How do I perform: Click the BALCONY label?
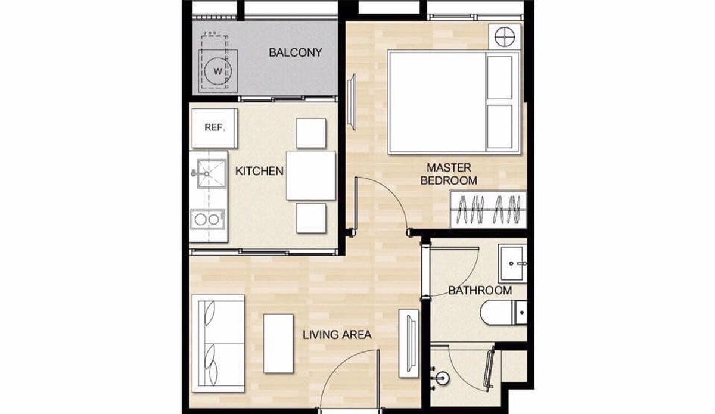(x=296, y=52)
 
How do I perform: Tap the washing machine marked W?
(x=218, y=71)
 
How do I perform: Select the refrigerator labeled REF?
(x=214, y=128)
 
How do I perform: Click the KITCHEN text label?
(x=259, y=171)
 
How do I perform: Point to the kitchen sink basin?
(x=212, y=174)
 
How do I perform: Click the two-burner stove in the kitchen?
(x=207, y=219)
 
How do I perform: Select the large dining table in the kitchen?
(x=311, y=176)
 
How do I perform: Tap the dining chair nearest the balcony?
(x=311, y=133)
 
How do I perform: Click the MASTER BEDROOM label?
(x=449, y=174)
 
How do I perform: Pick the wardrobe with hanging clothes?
(x=488, y=210)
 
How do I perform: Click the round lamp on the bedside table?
(x=505, y=37)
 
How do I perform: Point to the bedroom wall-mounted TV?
(x=352, y=102)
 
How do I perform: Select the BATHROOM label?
(x=480, y=291)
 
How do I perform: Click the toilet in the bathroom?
(x=503, y=313)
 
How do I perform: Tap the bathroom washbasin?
(x=512, y=264)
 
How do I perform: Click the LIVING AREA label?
(x=337, y=335)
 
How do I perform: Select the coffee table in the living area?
(x=278, y=344)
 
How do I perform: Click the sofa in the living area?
(x=218, y=344)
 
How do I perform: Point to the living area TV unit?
(x=409, y=344)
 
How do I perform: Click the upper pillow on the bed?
(x=499, y=77)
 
